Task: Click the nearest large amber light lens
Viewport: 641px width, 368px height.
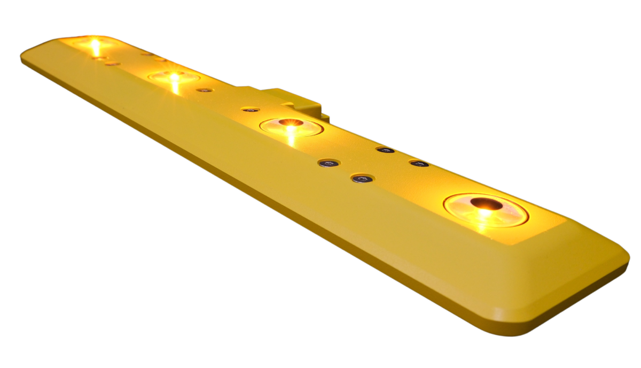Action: click(x=486, y=210)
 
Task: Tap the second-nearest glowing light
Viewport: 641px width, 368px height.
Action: click(x=291, y=127)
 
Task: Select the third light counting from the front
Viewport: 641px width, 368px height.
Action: click(x=174, y=77)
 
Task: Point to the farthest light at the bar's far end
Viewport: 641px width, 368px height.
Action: click(x=95, y=43)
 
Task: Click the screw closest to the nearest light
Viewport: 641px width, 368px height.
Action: click(x=419, y=163)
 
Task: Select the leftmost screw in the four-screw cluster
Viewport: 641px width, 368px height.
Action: click(x=329, y=163)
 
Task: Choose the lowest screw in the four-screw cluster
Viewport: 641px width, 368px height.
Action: click(x=363, y=178)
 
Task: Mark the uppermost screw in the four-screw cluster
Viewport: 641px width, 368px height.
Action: click(x=385, y=149)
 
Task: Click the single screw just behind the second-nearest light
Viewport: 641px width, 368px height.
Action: click(x=250, y=109)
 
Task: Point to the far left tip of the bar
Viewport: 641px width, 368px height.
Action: click(x=22, y=57)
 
